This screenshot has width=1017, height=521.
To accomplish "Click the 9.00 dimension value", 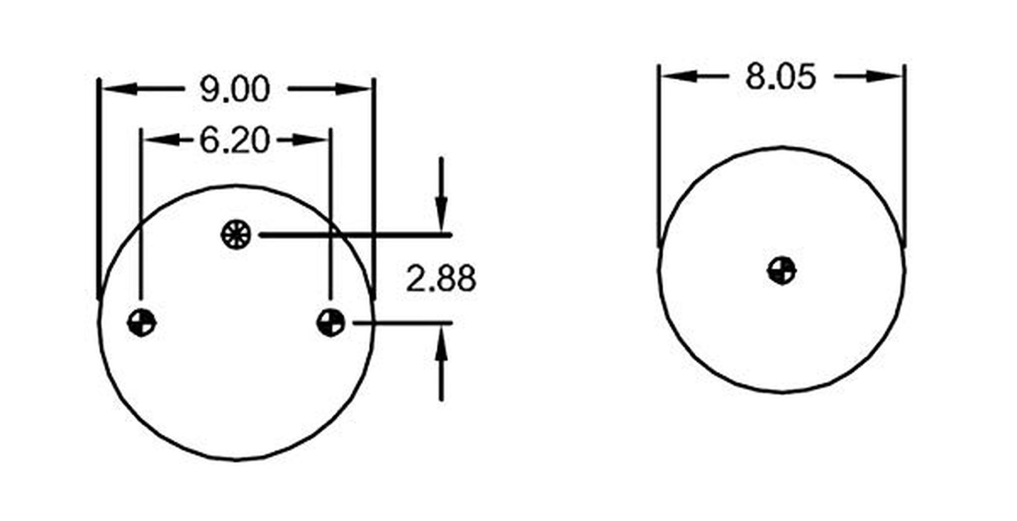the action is [x=235, y=90].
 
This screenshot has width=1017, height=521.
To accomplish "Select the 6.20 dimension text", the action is [x=235, y=140].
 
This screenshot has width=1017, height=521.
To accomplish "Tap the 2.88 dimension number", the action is [x=441, y=279].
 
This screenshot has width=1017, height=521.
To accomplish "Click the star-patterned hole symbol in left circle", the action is [x=236, y=234].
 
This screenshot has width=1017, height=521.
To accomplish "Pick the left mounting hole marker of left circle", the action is [x=142, y=323].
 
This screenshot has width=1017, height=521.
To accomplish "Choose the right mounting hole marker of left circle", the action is [x=331, y=323].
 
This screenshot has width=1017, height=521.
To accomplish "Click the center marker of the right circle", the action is [x=781, y=271].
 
